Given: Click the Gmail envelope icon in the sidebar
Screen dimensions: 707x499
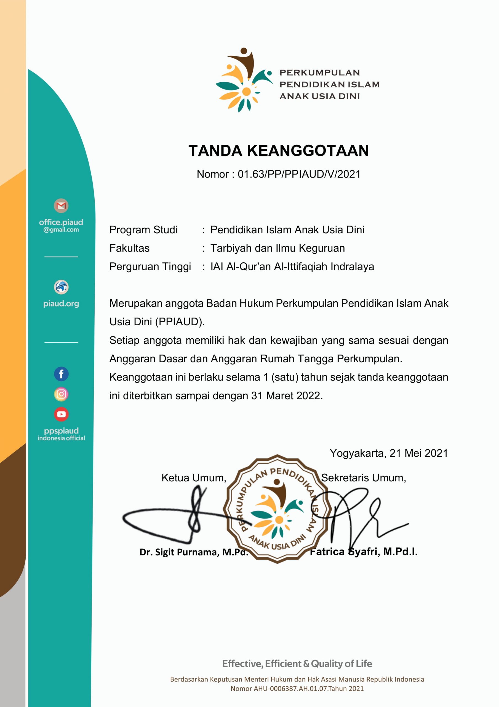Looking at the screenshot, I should (61, 206).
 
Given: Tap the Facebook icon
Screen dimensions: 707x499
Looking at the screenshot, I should (61, 374).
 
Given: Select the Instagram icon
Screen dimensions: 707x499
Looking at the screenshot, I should (61, 394).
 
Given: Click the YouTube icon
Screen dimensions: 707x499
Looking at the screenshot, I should (61, 414).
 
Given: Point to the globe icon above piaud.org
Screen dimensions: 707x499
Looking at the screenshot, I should (61, 287).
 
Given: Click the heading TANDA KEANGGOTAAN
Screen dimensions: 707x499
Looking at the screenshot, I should (278, 151).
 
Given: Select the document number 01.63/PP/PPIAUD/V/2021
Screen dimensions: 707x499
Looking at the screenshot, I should (299, 174).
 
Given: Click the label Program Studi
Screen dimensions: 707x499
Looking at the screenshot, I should (143, 230).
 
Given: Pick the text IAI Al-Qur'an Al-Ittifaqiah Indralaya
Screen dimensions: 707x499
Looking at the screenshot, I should (292, 267).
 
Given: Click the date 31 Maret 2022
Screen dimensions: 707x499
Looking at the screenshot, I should (286, 396).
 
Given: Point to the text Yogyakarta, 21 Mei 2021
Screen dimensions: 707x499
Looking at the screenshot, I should (389, 453).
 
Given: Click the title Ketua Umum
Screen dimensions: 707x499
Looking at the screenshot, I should (194, 478).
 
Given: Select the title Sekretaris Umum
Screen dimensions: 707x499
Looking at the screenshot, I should (363, 478).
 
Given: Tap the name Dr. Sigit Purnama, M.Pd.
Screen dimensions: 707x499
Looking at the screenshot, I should (194, 552).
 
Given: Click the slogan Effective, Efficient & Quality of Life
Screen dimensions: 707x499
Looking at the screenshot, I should (297, 664).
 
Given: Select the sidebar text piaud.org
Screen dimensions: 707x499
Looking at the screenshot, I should (61, 304).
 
